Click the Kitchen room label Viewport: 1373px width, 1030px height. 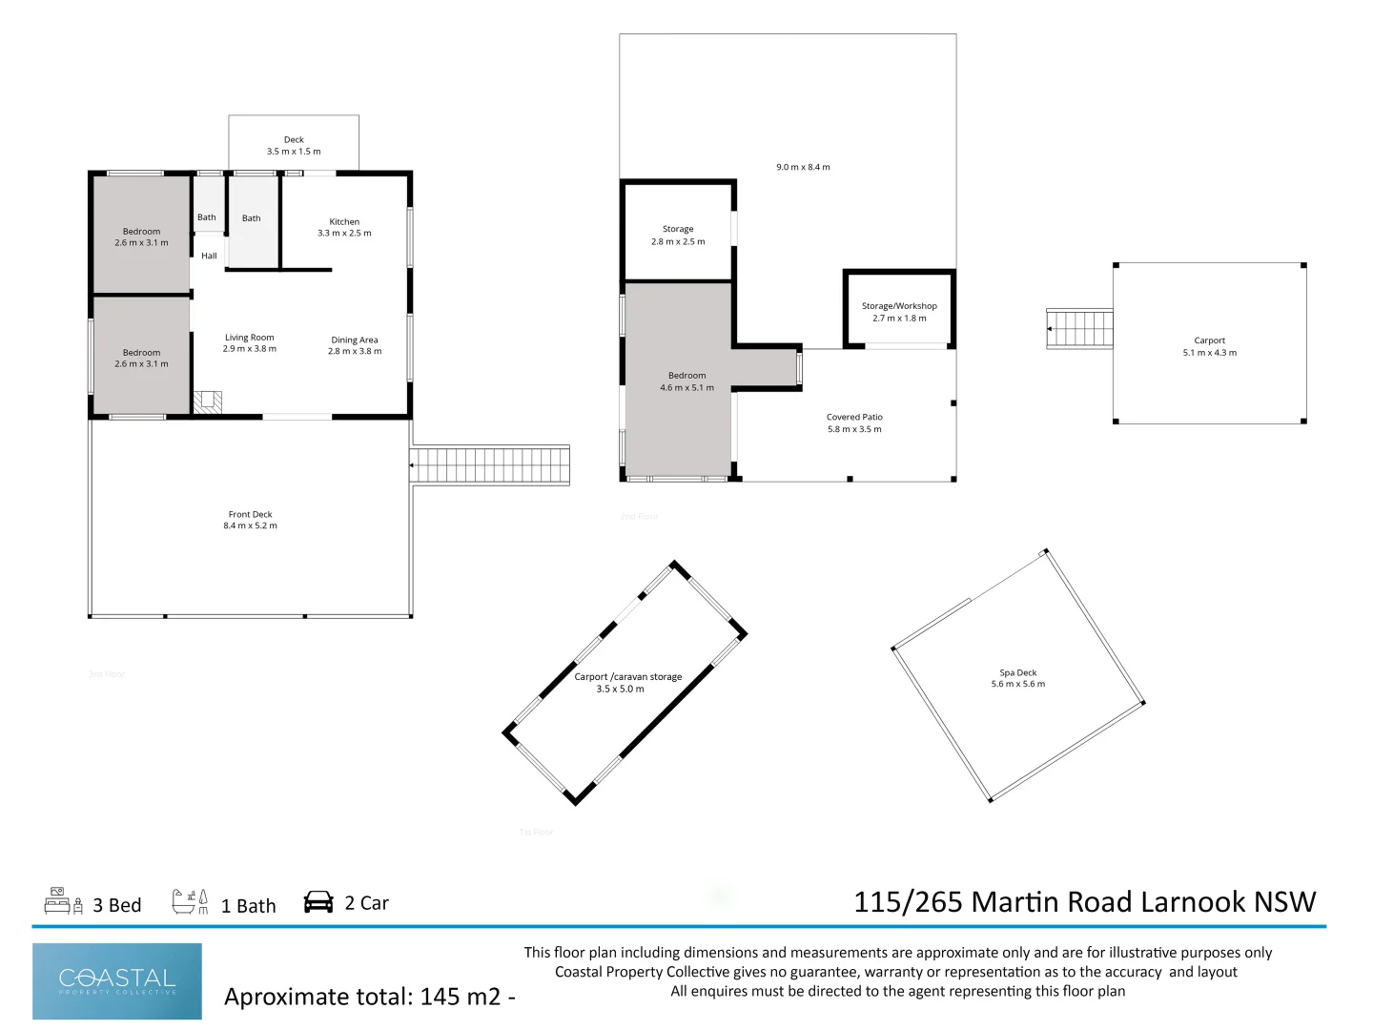coord(344,222)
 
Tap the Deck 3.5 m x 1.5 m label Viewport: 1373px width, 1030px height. coord(294,146)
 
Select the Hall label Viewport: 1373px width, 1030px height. coord(209,256)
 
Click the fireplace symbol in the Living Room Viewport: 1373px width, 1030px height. coord(208,402)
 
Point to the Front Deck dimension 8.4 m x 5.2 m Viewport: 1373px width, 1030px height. coord(250,525)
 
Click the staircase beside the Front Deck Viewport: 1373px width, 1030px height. coord(490,465)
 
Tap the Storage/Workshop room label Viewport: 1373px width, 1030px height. coord(899,306)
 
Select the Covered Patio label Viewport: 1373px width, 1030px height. coord(854,418)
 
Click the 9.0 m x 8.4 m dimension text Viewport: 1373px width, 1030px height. coord(803,167)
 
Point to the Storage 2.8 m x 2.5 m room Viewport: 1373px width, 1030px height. coord(678,235)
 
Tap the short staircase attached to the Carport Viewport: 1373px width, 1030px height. coord(1079,329)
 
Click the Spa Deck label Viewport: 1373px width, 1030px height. coord(1017,673)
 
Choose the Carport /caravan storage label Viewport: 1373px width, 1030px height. coord(627,677)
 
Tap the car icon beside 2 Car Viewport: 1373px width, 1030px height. coord(318,902)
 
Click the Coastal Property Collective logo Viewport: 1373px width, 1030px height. coord(117,981)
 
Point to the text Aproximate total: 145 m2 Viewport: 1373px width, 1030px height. coord(369,997)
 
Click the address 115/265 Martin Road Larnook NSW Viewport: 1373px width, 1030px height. coord(1084,902)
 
